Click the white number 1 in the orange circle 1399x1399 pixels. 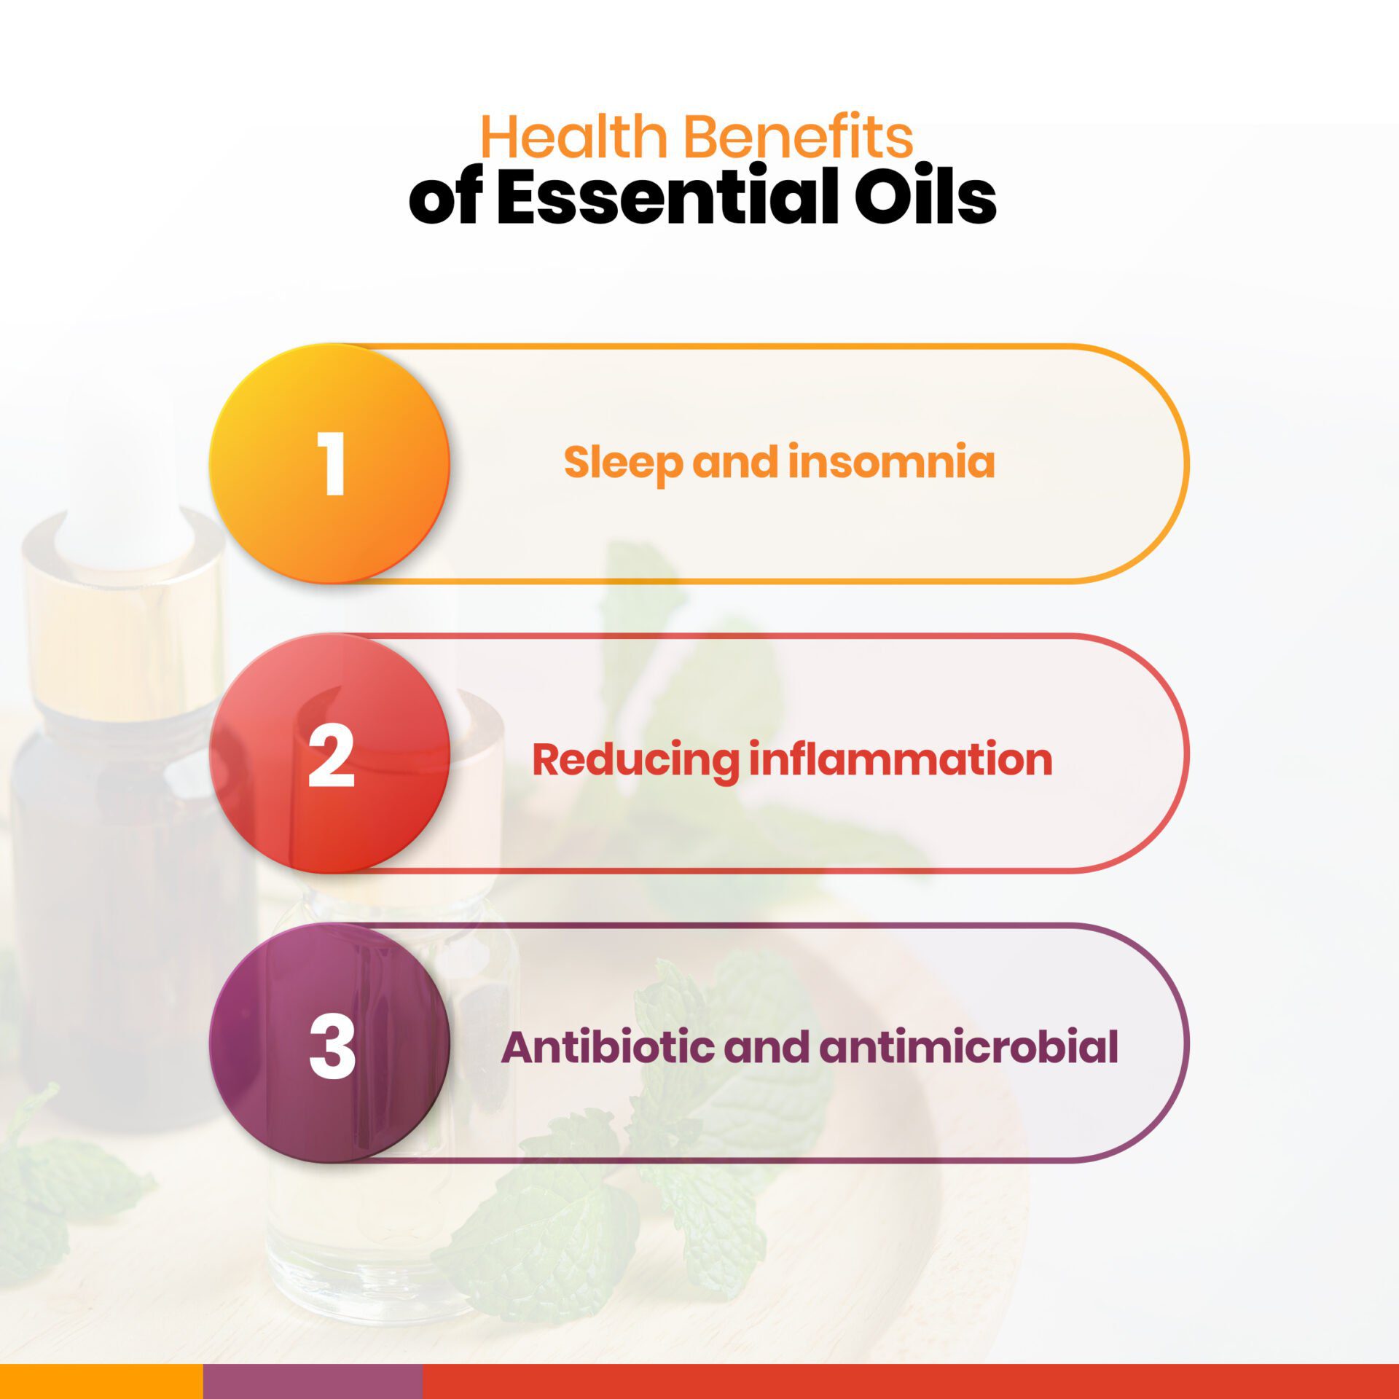332,463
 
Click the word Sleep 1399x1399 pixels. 623,463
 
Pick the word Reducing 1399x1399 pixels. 635,760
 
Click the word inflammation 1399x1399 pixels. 901,759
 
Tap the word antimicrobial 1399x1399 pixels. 968,1047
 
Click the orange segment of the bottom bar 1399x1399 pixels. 101,1382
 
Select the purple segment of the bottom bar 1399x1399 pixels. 312,1382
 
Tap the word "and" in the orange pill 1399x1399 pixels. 735,462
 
